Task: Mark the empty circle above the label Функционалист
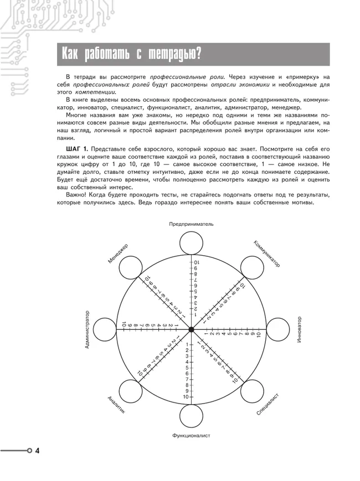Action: coord(191,416)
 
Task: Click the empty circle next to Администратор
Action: coord(105,329)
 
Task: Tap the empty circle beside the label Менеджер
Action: coord(130,268)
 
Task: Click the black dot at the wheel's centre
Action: coord(191,329)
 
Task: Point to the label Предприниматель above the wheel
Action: coord(191,224)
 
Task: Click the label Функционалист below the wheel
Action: coord(191,436)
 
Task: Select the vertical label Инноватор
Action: coord(299,329)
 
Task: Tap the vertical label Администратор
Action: coord(87,329)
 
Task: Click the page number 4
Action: coord(37,451)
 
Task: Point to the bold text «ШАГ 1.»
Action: coord(76,149)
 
